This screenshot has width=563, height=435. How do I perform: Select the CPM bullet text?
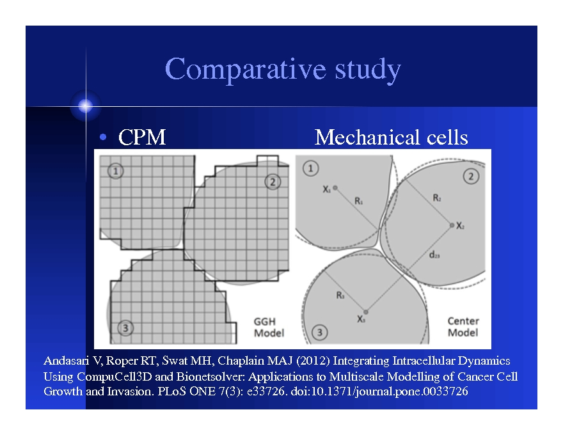[x=141, y=138]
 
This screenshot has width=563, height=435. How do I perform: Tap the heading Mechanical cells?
[x=391, y=138]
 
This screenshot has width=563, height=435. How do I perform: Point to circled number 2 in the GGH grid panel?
[x=273, y=182]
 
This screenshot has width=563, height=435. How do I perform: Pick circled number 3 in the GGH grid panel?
[x=126, y=328]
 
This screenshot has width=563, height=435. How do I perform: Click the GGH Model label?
[x=269, y=327]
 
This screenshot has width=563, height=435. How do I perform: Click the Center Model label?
[x=463, y=327]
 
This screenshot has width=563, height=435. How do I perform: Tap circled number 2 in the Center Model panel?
[x=471, y=177]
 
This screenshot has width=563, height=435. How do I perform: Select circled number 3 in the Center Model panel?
[x=319, y=332]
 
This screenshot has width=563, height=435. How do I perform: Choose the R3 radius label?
[x=340, y=295]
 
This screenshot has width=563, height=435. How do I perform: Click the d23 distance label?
[x=434, y=254]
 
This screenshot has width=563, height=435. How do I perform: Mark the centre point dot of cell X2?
[x=452, y=225]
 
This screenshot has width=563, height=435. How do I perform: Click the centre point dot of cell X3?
[x=365, y=312]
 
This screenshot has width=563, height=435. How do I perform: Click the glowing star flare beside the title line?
[x=85, y=106]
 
